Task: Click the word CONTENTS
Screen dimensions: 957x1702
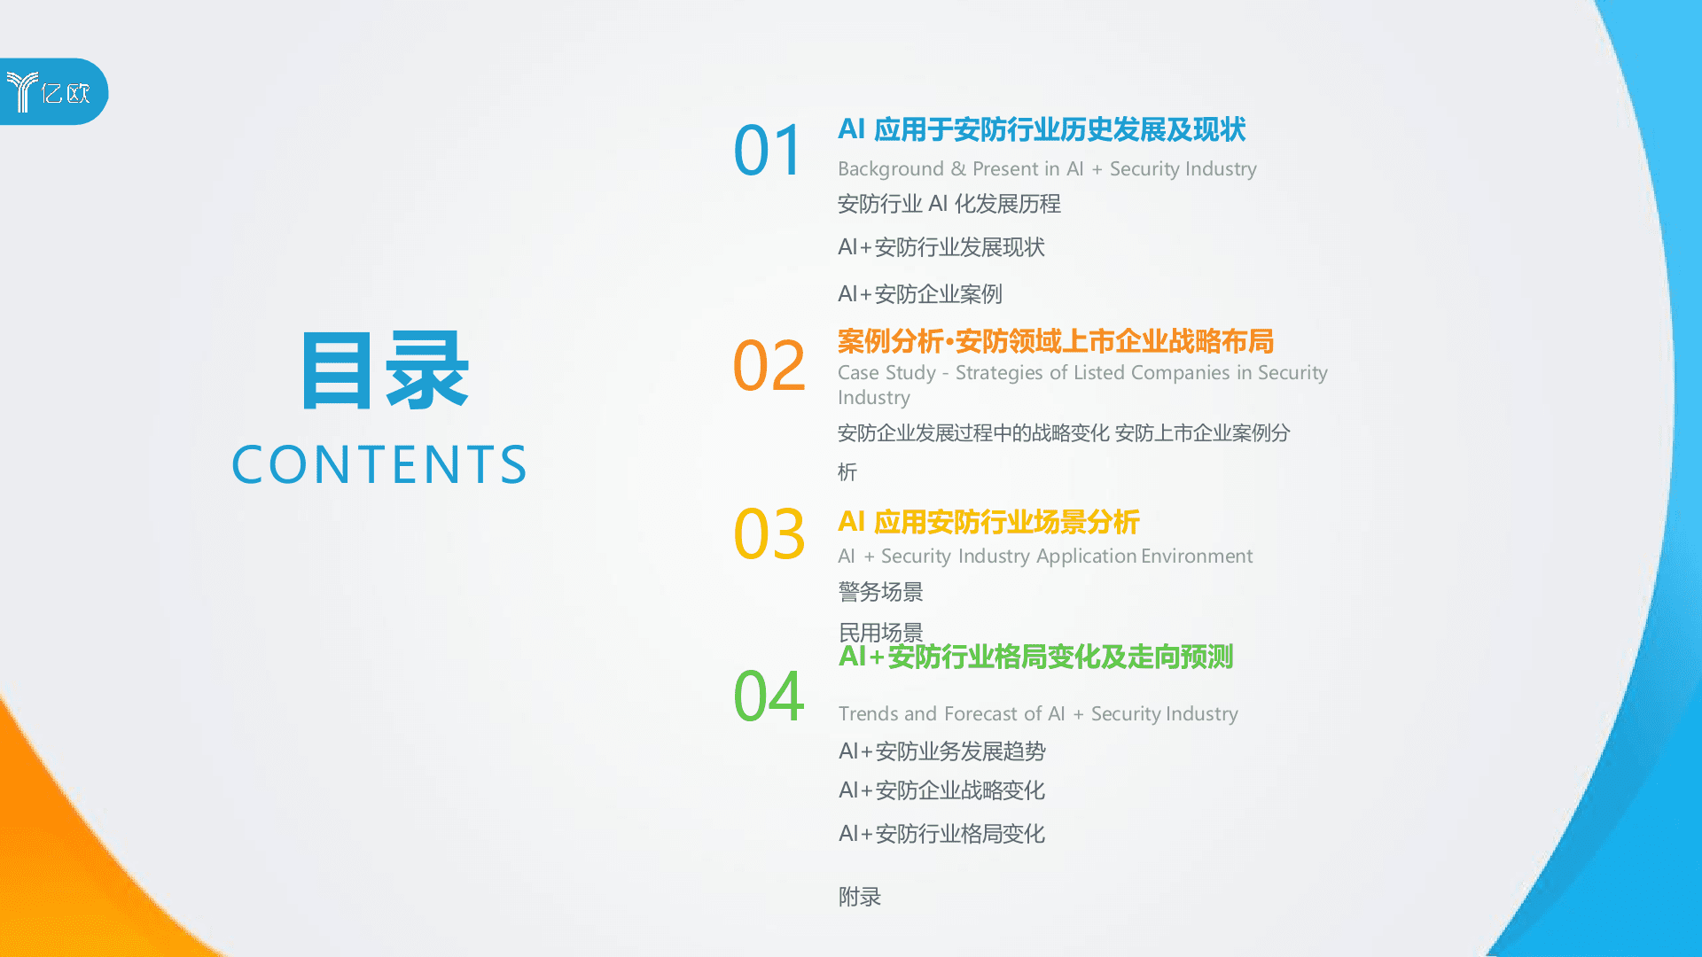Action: (x=379, y=465)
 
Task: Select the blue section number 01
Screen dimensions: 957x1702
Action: (x=768, y=151)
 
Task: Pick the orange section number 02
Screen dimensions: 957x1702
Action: (x=769, y=366)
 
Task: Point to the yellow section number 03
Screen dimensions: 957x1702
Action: (x=769, y=534)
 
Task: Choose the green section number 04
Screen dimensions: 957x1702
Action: (x=769, y=696)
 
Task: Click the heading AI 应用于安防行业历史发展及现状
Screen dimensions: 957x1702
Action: (x=1042, y=130)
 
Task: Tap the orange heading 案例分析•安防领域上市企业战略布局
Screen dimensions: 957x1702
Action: (x=1055, y=341)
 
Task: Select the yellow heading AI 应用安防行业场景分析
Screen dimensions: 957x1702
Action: (x=988, y=522)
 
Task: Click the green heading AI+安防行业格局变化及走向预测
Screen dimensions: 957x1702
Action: (x=1035, y=657)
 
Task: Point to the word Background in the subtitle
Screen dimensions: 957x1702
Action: (x=890, y=169)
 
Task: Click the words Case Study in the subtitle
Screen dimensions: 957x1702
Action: (x=886, y=373)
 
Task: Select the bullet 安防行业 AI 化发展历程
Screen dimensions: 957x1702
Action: (x=949, y=204)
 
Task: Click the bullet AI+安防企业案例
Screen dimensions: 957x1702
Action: (x=919, y=294)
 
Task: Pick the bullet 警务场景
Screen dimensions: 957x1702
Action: (x=880, y=592)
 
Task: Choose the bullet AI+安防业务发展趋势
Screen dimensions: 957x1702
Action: (x=941, y=751)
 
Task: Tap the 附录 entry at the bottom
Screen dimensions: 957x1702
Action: (x=859, y=897)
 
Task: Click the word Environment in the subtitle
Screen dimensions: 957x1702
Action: (x=1196, y=556)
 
